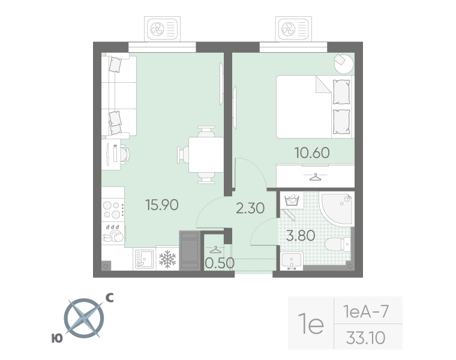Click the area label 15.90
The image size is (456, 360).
162,205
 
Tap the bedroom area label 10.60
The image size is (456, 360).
312,152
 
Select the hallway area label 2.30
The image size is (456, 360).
250,208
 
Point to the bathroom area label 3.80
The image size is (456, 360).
301,236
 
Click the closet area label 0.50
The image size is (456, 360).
220,263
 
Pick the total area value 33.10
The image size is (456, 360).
365,338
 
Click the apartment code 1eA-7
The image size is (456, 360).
365,311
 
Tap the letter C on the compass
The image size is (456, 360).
109,298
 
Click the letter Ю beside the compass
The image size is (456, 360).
57,338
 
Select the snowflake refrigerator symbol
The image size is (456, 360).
167,259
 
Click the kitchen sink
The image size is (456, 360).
144,259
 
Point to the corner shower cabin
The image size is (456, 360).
337,208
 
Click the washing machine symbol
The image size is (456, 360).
292,200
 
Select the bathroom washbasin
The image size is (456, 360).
292,261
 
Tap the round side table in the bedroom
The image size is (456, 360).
343,64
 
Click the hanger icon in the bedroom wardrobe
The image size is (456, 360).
315,176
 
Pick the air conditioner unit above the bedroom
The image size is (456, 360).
293,29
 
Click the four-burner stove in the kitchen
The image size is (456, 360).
113,210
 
